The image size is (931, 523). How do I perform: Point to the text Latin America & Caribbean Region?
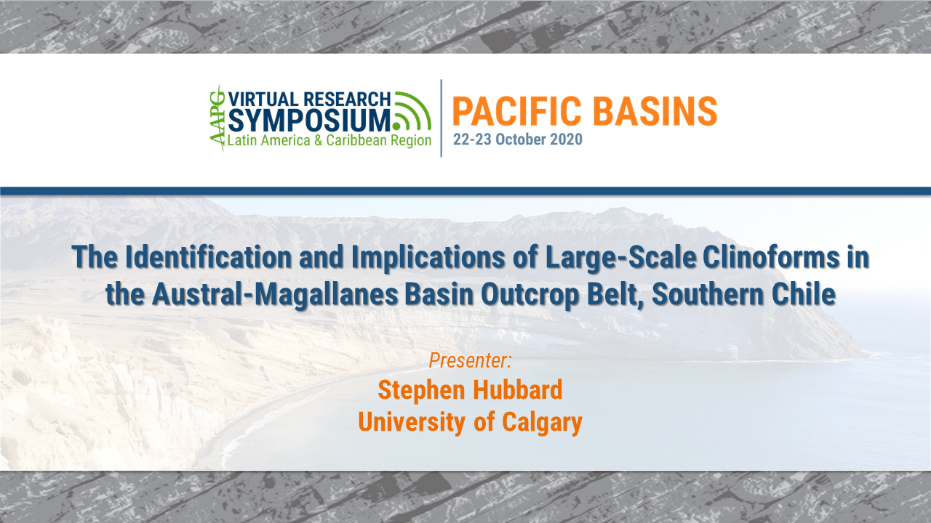point(329,140)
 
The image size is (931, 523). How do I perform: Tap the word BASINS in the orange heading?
point(660,110)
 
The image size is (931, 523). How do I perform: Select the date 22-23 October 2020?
point(517,139)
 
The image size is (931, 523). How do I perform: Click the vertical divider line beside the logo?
point(441,118)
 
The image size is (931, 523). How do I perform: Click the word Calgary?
point(535,422)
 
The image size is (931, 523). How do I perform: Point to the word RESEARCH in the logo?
point(348,100)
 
